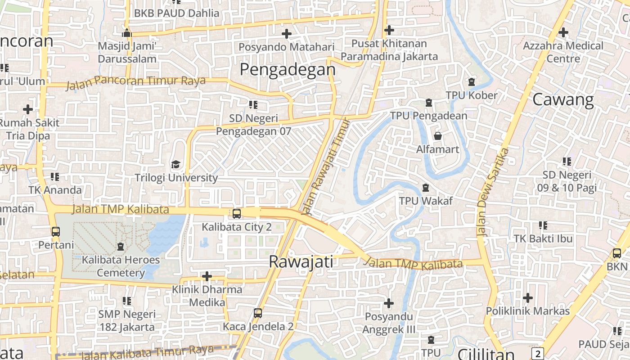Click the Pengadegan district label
tap(288, 70)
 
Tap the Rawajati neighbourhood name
tap(301, 261)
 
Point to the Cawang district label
tap(563, 99)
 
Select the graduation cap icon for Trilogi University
tap(175, 164)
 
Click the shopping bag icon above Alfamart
tap(437, 135)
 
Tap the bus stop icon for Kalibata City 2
tap(237, 213)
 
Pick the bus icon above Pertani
tap(56, 232)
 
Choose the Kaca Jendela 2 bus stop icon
tap(258, 313)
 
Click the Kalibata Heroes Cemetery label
tap(121, 266)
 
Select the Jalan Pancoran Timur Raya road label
tap(136, 82)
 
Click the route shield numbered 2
tap(537, 353)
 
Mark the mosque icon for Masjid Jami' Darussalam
tap(127, 33)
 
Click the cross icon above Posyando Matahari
tap(286, 34)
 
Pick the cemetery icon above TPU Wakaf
tap(426, 187)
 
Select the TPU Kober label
tap(472, 95)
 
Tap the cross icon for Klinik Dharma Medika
tap(207, 276)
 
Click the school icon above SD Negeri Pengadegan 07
tap(253, 105)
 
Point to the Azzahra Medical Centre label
tap(563, 52)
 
